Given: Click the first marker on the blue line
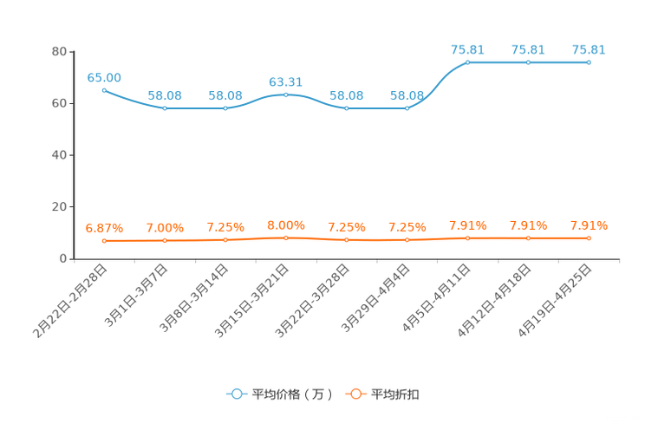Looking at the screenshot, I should pyautogui.click(x=104, y=89).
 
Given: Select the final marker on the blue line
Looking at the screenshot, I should pyautogui.click(x=589, y=62).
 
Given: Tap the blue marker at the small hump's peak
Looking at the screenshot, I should pyautogui.click(x=286, y=94).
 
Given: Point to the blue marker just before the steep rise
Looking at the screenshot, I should pyautogui.click(x=407, y=108).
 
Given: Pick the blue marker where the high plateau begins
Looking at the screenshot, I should pyautogui.click(x=468, y=62).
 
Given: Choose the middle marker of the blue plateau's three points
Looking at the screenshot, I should pyautogui.click(x=528, y=62).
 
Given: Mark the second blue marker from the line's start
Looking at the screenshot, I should pyautogui.click(x=165, y=108).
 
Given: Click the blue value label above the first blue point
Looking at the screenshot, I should pyautogui.click(x=104, y=77).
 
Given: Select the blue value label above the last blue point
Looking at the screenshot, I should pyautogui.click(x=589, y=49).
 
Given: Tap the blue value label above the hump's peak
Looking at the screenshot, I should pyautogui.click(x=286, y=81).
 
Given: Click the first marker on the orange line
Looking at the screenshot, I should pyautogui.click(x=104, y=240).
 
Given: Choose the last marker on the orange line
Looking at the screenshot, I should pyautogui.click(x=589, y=238).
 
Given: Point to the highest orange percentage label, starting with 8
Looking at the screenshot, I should pyautogui.click(x=286, y=225).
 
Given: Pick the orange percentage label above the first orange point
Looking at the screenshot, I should pyautogui.click(x=104, y=229).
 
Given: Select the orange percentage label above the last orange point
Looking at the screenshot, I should pyautogui.click(x=589, y=226).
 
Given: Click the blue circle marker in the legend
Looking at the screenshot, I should pyautogui.click(x=237, y=394).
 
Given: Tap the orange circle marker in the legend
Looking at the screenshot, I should pyautogui.click(x=355, y=394).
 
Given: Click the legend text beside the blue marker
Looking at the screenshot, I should pyautogui.click(x=292, y=394).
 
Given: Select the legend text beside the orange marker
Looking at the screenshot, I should pyautogui.click(x=396, y=394).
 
